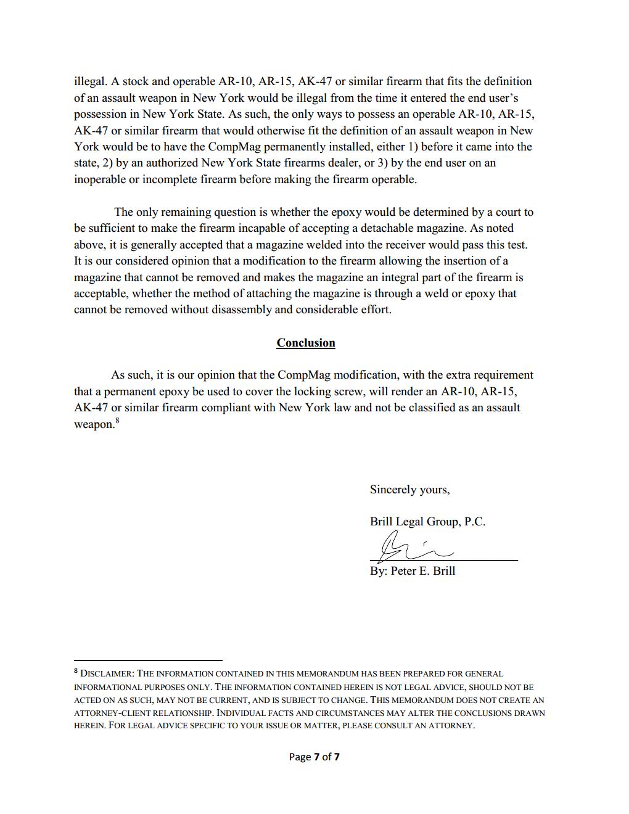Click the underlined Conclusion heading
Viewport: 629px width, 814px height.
(x=305, y=343)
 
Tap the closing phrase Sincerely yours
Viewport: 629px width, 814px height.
(x=409, y=490)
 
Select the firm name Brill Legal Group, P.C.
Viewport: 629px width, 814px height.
(x=427, y=522)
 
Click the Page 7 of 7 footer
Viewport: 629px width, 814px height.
(x=314, y=757)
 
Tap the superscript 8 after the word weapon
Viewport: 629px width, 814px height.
(x=117, y=421)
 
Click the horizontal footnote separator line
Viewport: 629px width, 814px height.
(x=148, y=660)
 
